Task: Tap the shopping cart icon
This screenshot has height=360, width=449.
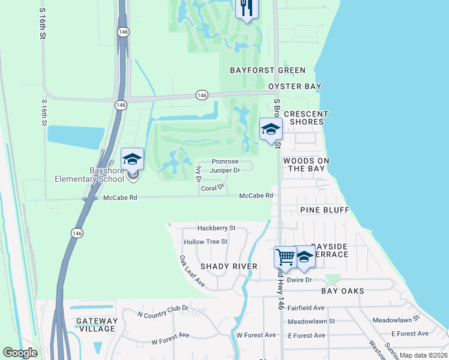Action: click(285, 257)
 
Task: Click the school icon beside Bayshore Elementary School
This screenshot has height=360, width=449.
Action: click(133, 159)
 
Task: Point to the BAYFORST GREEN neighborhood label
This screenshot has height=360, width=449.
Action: click(268, 70)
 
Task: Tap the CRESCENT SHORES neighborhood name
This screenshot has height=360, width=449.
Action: click(306, 118)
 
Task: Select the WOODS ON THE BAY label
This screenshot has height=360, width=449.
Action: click(306, 164)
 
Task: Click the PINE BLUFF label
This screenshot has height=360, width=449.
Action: click(324, 210)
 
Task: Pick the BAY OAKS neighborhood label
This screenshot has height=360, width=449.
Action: click(342, 291)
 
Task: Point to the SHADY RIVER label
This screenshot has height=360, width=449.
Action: click(229, 266)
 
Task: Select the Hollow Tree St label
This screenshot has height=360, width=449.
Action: click(206, 242)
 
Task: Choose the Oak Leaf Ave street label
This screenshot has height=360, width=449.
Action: click(192, 270)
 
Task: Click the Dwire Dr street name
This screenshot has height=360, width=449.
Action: click(300, 280)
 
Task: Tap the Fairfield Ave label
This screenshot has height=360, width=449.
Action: click(306, 308)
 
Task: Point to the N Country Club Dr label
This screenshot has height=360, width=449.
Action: click(163, 311)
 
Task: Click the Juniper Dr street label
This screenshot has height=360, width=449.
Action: click(224, 170)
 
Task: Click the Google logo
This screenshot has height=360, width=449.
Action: click(20, 353)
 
